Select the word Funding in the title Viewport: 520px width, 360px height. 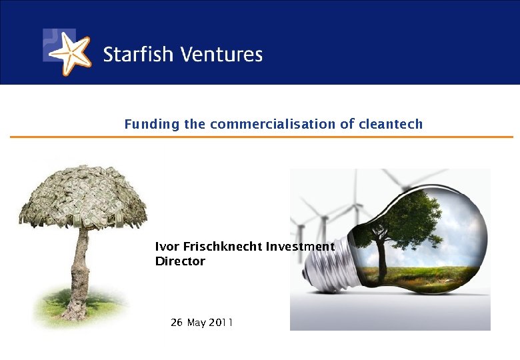[x=143, y=124]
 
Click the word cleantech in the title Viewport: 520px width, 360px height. [x=391, y=124]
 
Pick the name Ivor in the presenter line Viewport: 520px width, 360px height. [x=166, y=247]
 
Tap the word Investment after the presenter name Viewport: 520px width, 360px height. [x=300, y=247]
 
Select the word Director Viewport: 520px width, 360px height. [x=180, y=261]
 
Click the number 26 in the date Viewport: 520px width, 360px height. [x=177, y=323]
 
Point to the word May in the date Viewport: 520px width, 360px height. [x=197, y=323]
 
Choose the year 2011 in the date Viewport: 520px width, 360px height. [x=221, y=323]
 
